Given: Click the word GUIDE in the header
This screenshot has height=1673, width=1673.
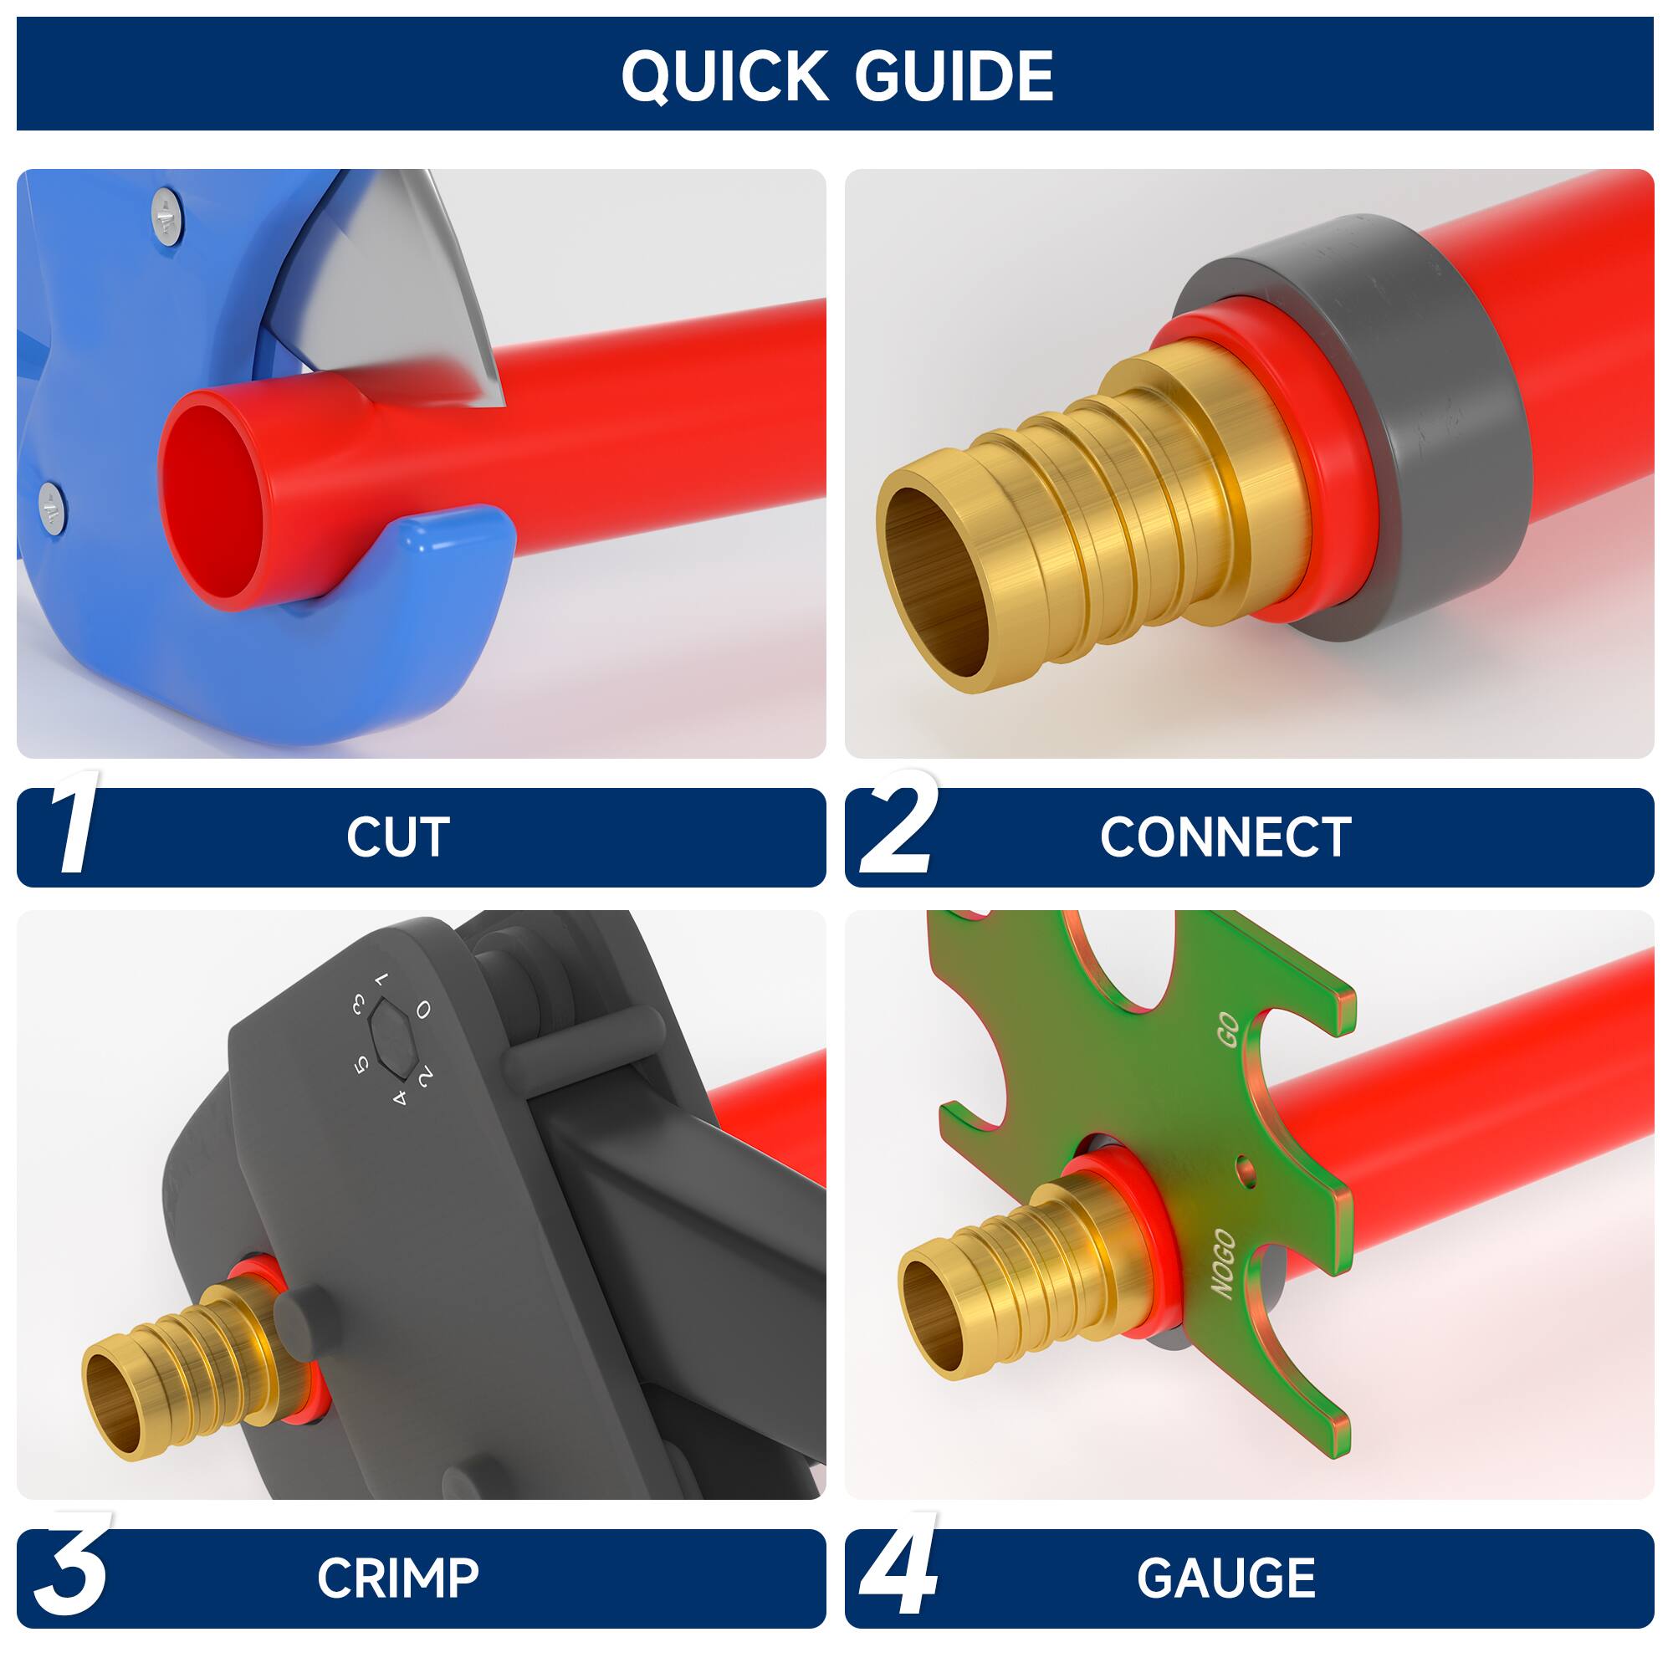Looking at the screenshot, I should click(x=954, y=76).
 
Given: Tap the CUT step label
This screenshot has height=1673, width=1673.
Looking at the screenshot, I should click(x=397, y=837).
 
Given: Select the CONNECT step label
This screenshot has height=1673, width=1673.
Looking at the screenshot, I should click(x=1225, y=837).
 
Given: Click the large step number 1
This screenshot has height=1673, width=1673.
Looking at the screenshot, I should click(x=74, y=822).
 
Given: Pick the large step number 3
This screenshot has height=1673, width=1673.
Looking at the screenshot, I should click(x=71, y=1568).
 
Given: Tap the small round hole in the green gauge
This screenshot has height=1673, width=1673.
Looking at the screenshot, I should click(x=1246, y=1174).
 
